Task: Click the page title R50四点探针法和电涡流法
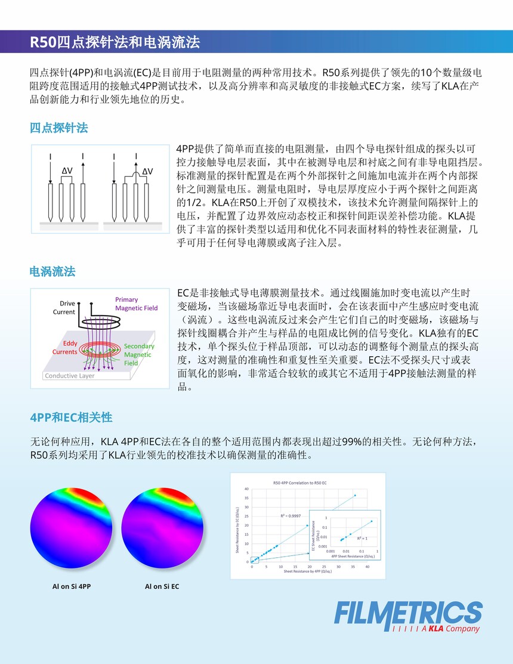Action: [115, 42]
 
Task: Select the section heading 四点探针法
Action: [59, 128]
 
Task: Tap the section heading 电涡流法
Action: [52, 272]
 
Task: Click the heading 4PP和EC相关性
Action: [71, 416]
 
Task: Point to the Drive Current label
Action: [64, 307]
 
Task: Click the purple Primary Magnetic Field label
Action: [137, 304]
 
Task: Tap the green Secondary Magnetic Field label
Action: [139, 354]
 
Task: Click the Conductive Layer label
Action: [70, 376]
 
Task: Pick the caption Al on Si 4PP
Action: [72, 586]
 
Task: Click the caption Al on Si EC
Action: [162, 586]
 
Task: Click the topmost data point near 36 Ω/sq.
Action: [355, 495]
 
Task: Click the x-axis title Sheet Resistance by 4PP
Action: [308, 572]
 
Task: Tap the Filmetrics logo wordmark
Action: [408, 613]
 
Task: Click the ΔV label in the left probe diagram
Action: [67, 171]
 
